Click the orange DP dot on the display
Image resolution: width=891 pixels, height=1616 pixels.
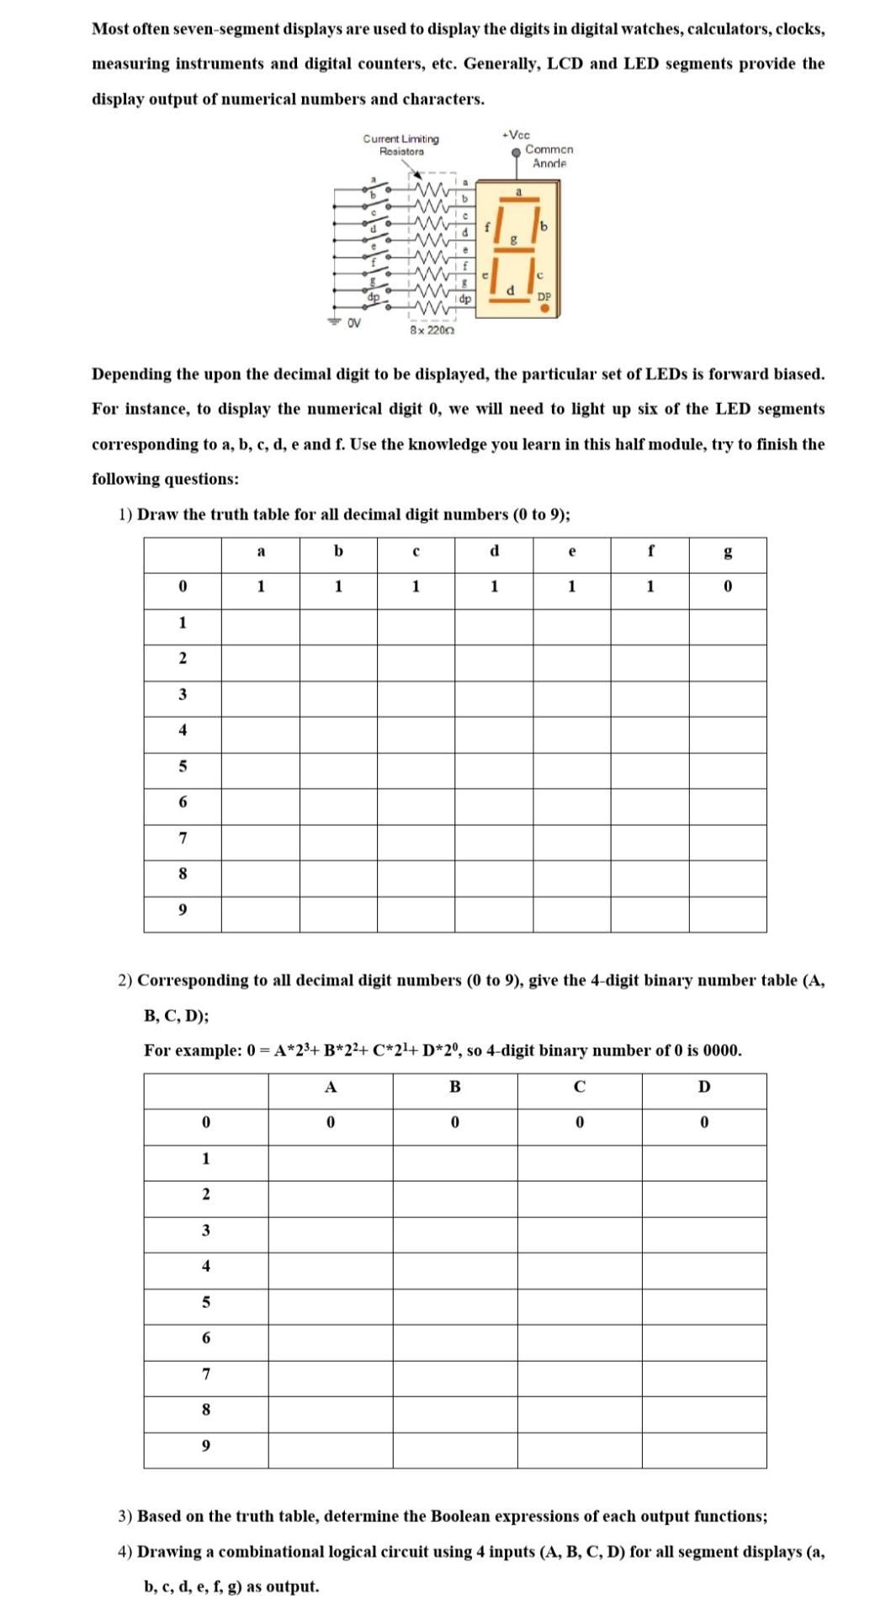pyautogui.click(x=544, y=309)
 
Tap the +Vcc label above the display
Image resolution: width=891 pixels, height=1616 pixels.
pyautogui.click(x=516, y=135)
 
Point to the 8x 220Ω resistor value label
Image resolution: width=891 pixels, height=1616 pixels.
pyautogui.click(x=432, y=330)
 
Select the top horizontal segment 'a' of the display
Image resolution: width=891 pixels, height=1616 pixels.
pyautogui.click(x=519, y=200)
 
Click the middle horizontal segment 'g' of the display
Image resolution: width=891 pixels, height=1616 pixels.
pyautogui.click(x=515, y=248)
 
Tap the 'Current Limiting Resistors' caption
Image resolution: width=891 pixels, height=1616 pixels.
pyautogui.click(x=401, y=145)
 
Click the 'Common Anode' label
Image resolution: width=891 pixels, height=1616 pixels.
pyautogui.click(x=549, y=156)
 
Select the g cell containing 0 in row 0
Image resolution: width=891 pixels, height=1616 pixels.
pyautogui.click(x=728, y=587)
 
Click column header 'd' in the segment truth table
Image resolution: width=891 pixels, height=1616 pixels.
pyautogui.click(x=494, y=551)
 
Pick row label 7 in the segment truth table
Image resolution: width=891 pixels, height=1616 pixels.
pyautogui.click(x=183, y=838)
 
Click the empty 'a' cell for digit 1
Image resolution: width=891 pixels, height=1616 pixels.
pyautogui.click(x=261, y=623)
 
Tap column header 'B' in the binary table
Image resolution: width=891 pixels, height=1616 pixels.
pyautogui.click(x=454, y=1087)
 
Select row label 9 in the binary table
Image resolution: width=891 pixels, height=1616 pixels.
pyautogui.click(x=206, y=1446)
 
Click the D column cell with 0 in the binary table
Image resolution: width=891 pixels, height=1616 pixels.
pyautogui.click(x=704, y=1123)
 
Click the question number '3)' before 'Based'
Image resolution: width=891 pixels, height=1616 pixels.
pyautogui.click(x=125, y=1516)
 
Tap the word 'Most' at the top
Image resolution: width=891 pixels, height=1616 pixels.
pyautogui.click(x=110, y=29)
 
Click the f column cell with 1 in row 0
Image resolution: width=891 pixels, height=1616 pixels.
pyautogui.click(x=650, y=587)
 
